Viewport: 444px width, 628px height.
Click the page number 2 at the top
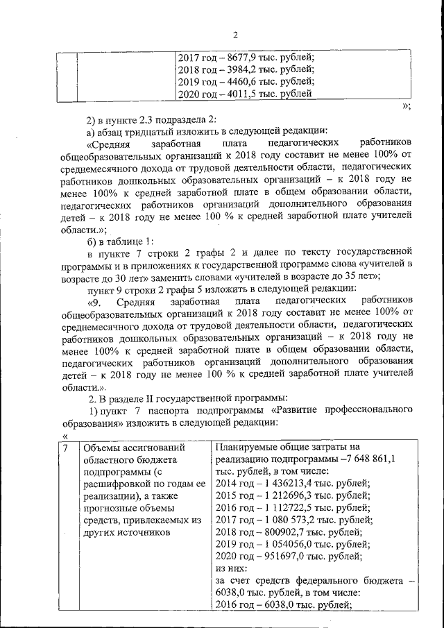pos(234,35)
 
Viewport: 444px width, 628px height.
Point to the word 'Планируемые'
pos(248,448)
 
